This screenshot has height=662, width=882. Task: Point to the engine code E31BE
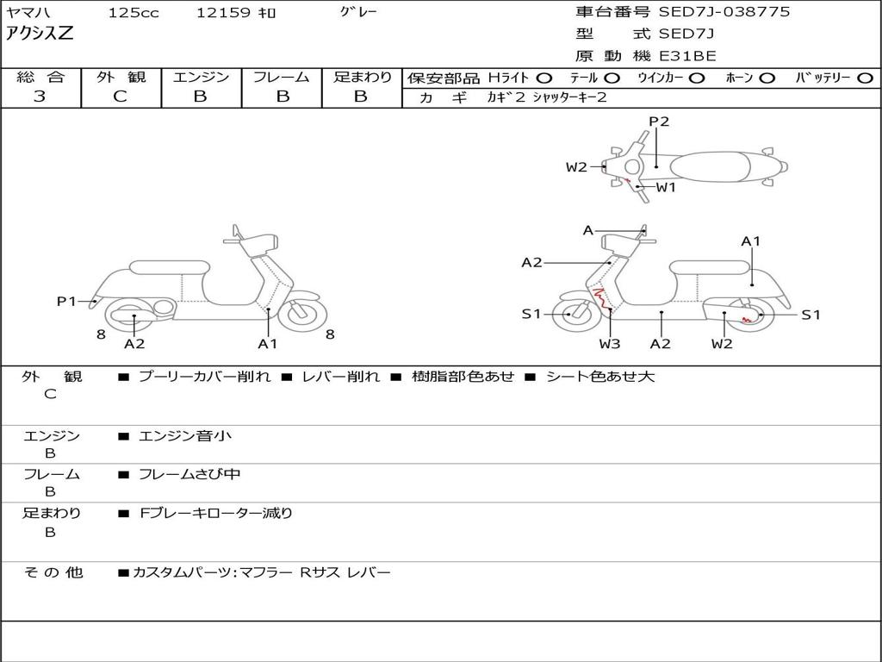coord(687,56)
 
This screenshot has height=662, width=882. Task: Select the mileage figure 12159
coord(223,13)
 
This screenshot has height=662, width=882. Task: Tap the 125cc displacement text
coord(134,13)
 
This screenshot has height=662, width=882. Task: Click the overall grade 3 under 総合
coord(40,97)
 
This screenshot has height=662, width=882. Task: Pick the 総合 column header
coord(40,78)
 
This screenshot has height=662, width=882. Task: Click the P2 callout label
coord(659,122)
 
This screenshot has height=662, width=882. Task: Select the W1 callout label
coord(667,186)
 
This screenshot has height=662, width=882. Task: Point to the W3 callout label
coord(610,344)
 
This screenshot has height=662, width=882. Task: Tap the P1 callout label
coord(67,301)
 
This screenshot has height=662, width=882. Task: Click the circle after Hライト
coord(543,78)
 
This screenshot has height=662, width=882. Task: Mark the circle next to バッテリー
coord(865,78)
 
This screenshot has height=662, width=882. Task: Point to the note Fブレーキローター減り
coord(215,513)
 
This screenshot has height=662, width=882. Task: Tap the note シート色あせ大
coord(600,377)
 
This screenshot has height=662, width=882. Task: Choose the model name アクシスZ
coord(40,34)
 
